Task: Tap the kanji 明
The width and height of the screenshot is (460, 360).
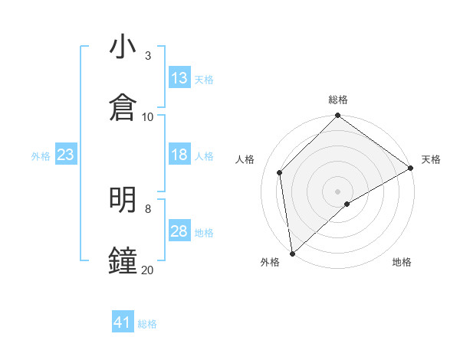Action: (123, 201)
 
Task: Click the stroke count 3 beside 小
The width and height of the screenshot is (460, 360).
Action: (148, 55)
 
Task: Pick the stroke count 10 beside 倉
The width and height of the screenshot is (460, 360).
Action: (148, 116)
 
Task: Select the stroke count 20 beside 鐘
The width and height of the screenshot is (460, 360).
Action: (148, 270)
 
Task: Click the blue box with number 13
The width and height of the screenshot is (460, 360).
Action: (179, 78)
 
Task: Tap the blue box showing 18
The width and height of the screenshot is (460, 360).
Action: (179, 155)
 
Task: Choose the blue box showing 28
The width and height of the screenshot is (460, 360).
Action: (179, 231)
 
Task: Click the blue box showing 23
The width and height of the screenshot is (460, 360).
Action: (66, 155)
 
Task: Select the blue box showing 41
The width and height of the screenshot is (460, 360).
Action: (123, 323)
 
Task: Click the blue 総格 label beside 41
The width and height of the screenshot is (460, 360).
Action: (147, 324)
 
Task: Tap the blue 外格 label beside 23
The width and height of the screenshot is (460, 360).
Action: (41, 155)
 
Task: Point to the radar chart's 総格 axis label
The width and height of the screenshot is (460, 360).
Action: (338, 100)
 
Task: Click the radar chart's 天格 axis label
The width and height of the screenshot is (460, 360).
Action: (431, 159)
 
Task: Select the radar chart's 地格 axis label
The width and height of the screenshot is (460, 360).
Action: (402, 262)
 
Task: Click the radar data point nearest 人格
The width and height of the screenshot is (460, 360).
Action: (280, 172)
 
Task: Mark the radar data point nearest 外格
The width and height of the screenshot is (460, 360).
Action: (292, 254)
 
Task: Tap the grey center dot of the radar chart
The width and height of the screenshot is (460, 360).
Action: (338, 191)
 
